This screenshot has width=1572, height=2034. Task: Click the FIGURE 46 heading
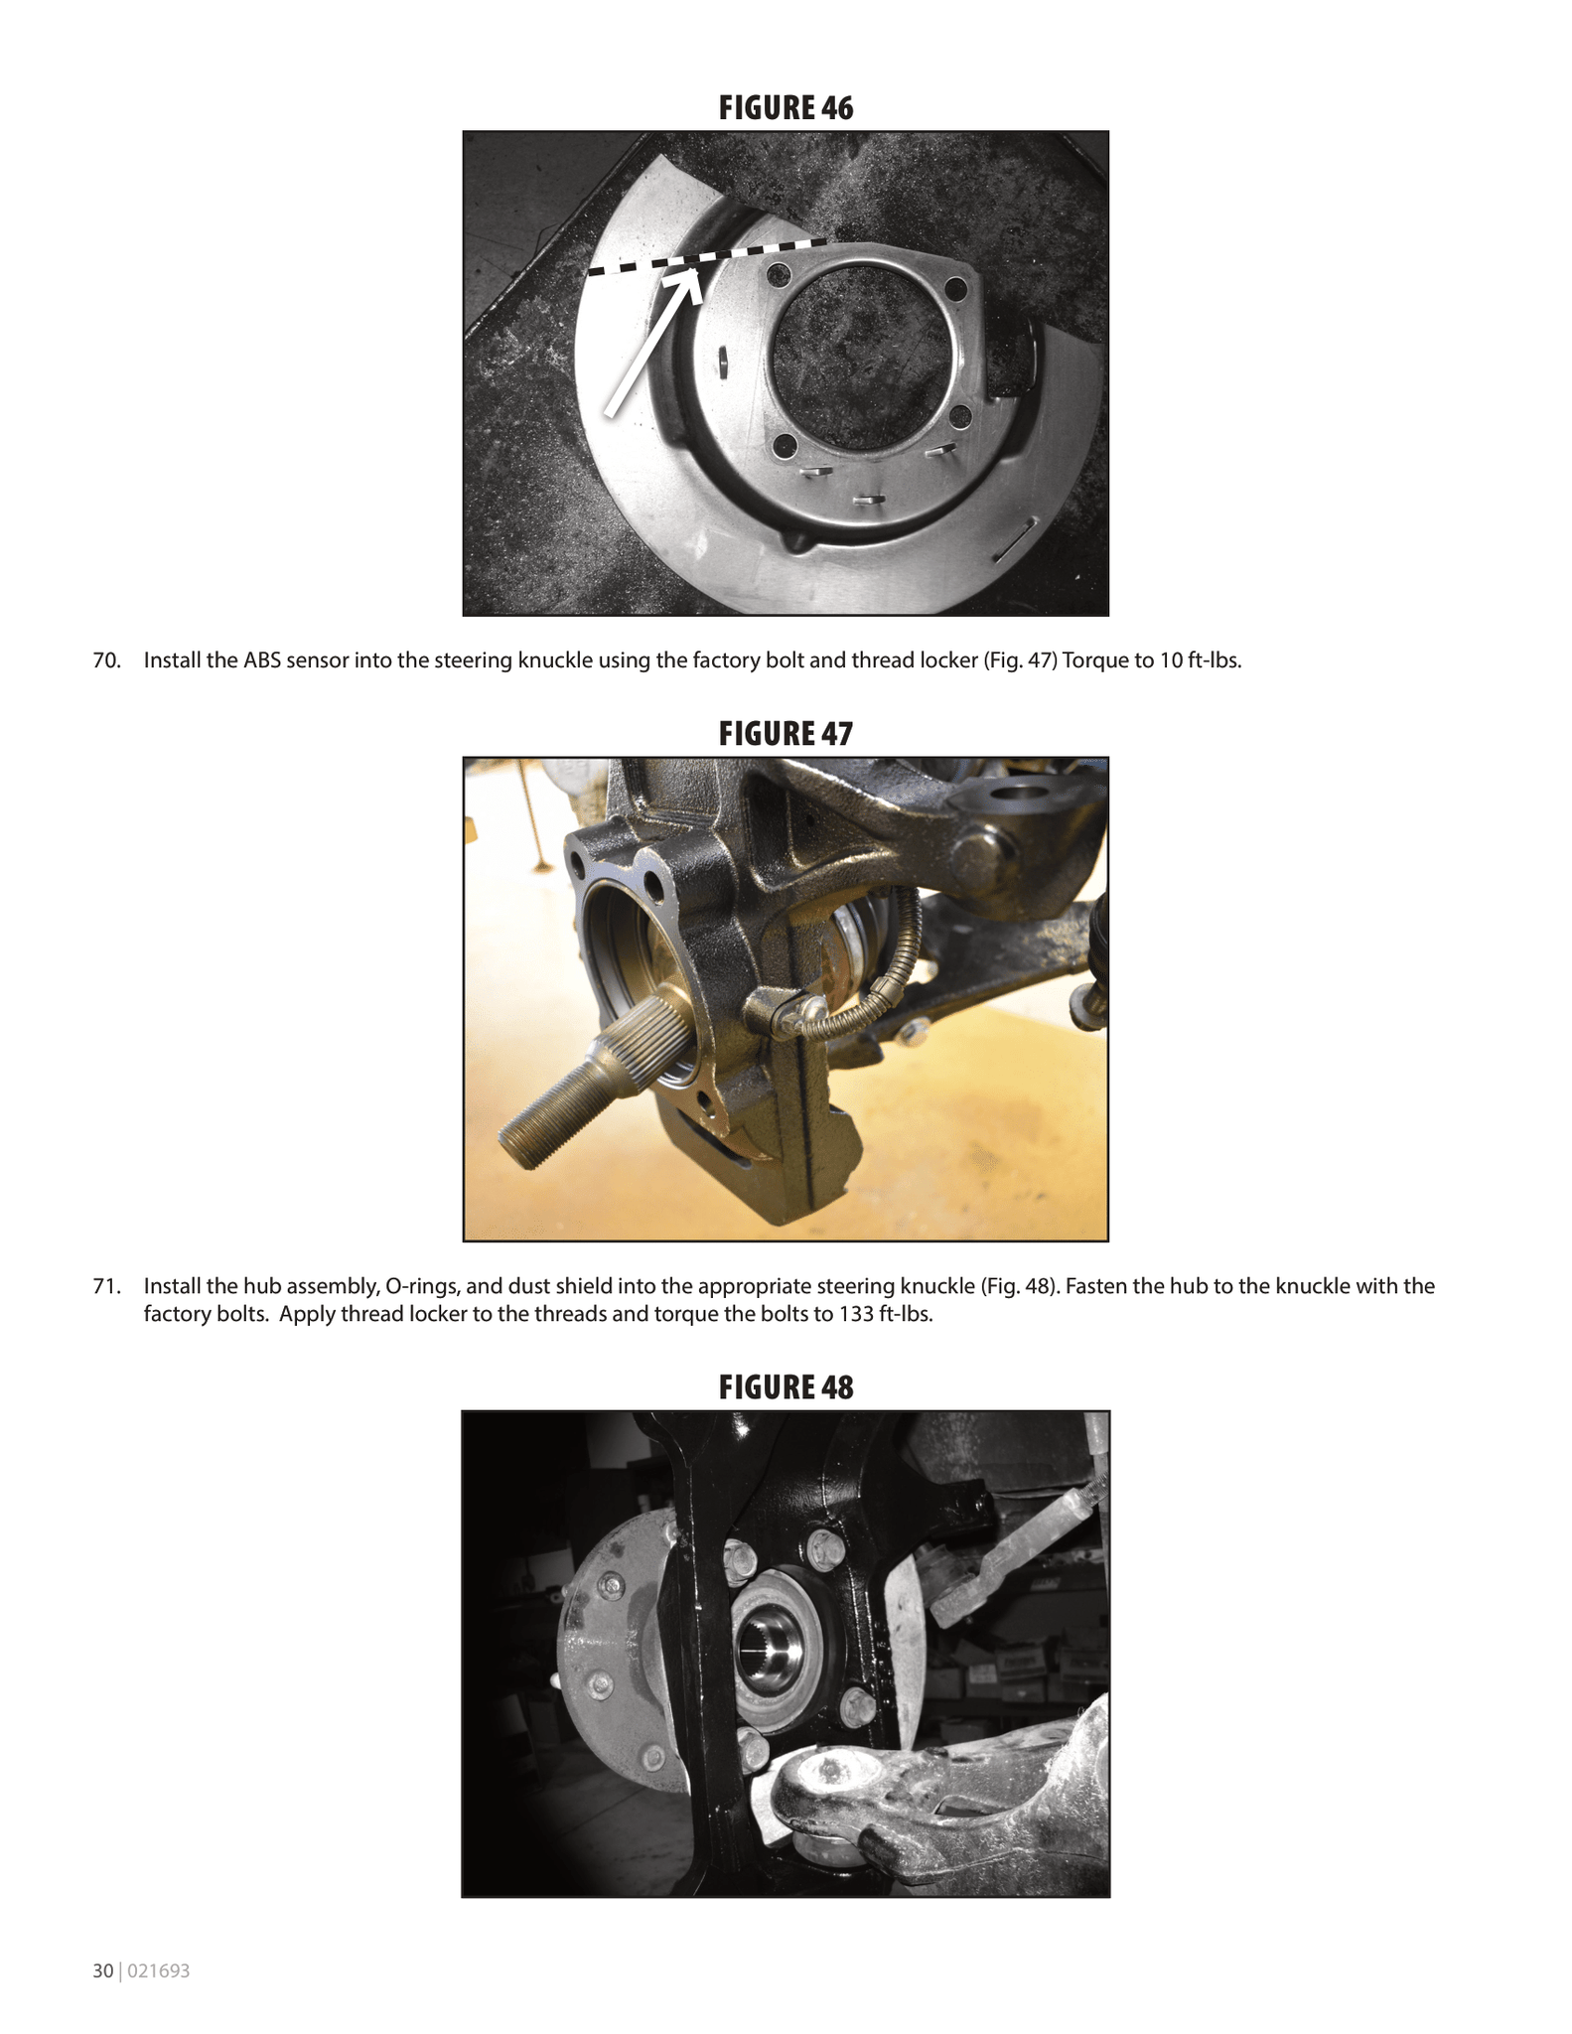tap(786, 107)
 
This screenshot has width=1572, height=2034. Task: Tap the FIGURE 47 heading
tap(786, 733)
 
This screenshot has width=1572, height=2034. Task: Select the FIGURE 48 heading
tap(786, 1386)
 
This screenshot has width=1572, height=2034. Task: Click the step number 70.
tap(105, 660)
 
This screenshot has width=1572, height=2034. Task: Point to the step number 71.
tap(105, 1286)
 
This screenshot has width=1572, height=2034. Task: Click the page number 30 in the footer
tap(102, 1971)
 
